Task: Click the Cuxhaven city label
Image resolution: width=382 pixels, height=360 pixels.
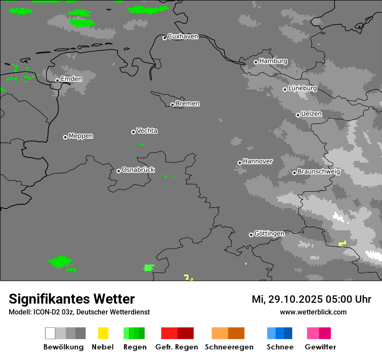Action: click(183, 36)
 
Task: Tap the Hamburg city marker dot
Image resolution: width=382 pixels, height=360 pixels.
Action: click(256, 62)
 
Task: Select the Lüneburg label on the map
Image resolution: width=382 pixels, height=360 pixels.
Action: click(303, 88)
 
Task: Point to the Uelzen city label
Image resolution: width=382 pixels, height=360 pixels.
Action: click(311, 114)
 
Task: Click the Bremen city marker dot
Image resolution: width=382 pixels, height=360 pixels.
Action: click(172, 105)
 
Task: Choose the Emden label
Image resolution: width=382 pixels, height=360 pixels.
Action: click(71, 79)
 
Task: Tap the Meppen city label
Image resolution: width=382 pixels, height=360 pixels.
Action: click(81, 136)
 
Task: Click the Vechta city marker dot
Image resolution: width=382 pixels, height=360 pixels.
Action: click(133, 132)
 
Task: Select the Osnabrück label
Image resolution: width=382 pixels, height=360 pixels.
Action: click(138, 170)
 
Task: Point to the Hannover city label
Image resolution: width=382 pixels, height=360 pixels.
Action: click(258, 161)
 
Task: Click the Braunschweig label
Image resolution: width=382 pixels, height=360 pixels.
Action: click(319, 172)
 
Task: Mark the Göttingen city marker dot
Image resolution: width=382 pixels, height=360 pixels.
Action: click(251, 235)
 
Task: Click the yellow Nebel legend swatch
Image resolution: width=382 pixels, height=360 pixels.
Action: click(103, 333)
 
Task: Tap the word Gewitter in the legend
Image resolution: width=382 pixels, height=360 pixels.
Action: click(320, 347)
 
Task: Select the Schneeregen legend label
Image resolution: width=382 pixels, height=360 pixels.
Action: click(229, 347)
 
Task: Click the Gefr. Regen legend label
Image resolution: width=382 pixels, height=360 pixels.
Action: click(177, 347)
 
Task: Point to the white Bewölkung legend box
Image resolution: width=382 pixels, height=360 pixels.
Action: click(50, 333)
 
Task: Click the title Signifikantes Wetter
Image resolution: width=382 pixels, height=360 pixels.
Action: click(72, 299)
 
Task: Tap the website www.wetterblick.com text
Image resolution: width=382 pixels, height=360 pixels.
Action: click(313, 312)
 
